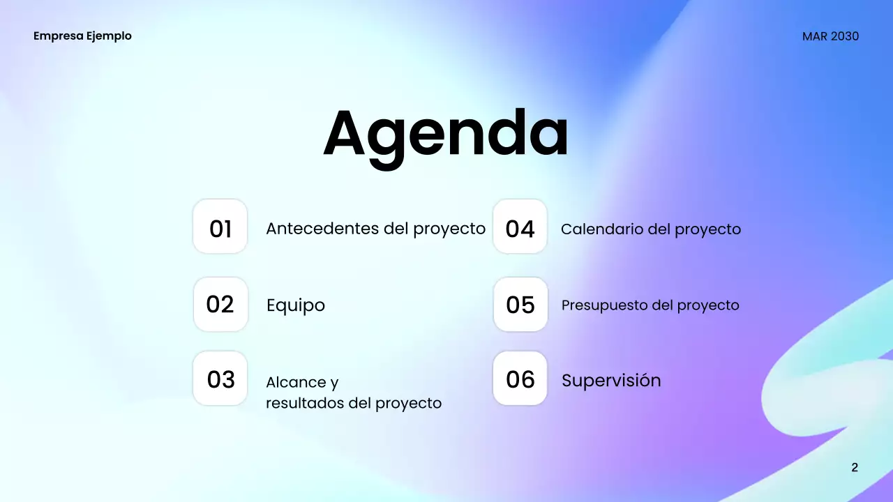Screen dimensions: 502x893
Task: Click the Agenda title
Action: [x=446, y=135]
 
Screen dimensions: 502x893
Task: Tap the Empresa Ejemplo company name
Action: [x=82, y=36]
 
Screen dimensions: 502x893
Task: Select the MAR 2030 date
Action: [x=830, y=36]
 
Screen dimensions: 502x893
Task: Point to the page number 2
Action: [x=855, y=467]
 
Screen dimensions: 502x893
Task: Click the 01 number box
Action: [x=220, y=227]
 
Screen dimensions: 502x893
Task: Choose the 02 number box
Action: [x=220, y=304]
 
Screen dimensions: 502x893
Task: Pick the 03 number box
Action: [x=220, y=379]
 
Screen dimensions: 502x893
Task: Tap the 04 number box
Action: [x=520, y=227]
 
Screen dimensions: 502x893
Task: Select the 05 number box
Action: [x=520, y=304]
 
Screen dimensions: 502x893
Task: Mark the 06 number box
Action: [x=520, y=379]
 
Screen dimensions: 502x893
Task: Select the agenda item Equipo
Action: [x=296, y=305]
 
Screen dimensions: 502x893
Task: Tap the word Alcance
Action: [x=296, y=382]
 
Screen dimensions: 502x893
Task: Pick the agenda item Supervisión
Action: [x=611, y=381]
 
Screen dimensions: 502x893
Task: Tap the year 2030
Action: [x=845, y=36]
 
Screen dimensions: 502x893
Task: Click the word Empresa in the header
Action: [x=58, y=36]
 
